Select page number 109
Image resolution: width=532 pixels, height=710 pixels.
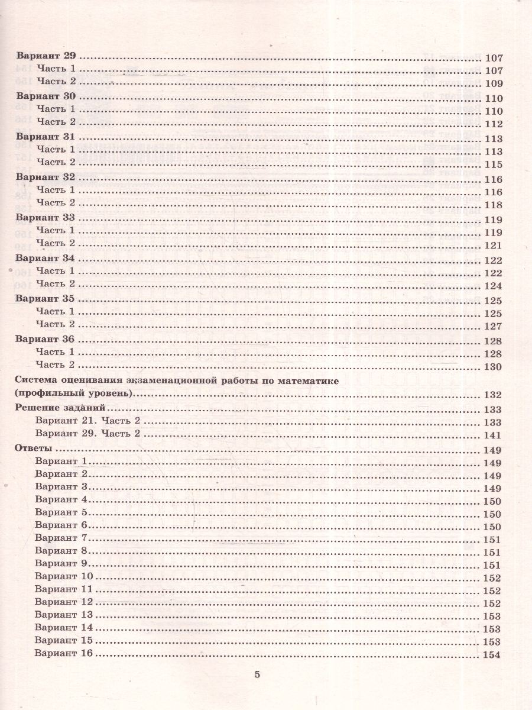pyautogui.click(x=493, y=83)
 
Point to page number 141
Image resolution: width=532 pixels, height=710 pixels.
pyautogui.click(x=492, y=435)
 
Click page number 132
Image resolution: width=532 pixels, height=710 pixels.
pyautogui.click(x=492, y=395)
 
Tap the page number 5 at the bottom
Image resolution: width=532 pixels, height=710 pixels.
pyautogui.click(x=257, y=674)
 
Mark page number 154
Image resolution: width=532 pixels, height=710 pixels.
pyautogui.click(x=492, y=654)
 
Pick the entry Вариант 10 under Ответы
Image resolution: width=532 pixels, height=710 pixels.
pyautogui.click(x=64, y=576)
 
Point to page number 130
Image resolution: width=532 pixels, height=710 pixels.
pyautogui.click(x=492, y=367)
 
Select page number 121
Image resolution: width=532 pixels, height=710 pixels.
pyautogui.click(x=492, y=246)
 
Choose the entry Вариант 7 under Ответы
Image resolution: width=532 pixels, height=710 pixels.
pyautogui.click(x=61, y=537)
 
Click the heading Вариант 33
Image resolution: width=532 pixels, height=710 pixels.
pyautogui.click(x=46, y=218)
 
